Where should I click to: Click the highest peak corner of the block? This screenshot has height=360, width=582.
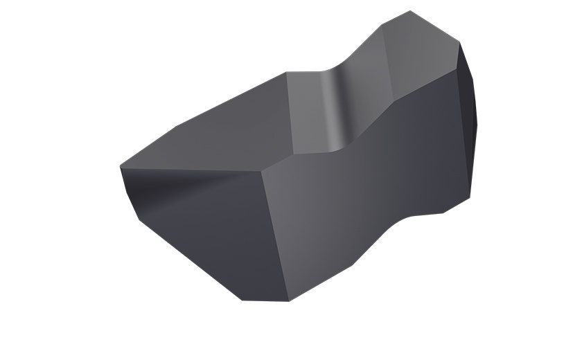[x=410, y=11]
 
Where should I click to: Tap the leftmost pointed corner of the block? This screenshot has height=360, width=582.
[x=120, y=167]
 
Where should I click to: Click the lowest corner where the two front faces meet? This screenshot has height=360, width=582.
[x=288, y=300]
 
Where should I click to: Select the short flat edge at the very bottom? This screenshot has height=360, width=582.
[x=265, y=300]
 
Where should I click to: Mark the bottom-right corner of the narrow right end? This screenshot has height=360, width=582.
[x=470, y=197]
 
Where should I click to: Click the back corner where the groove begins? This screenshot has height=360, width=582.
[x=287, y=73]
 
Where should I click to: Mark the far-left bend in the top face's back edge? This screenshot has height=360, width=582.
[x=177, y=126]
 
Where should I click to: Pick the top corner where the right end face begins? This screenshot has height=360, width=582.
[x=459, y=43]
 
